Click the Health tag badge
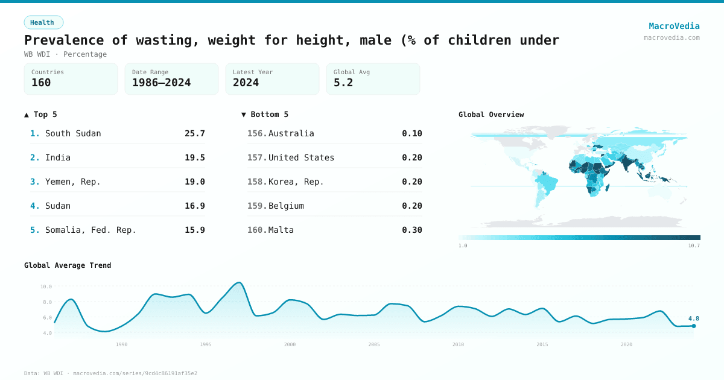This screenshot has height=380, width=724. tap(43, 22)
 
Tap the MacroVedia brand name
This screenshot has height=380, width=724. tap(674, 26)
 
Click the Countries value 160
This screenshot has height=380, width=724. tap(41, 83)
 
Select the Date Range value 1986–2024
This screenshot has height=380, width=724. tap(161, 83)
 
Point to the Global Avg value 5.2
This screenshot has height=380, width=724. tap(343, 83)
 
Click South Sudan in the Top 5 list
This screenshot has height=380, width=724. tap(73, 133)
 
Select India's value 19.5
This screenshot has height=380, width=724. tap(194, 157)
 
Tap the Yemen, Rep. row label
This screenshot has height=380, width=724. tap(73, 182)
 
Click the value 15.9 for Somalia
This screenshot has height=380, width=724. tap(194, 230)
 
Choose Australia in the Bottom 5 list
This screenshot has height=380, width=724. tap(291, 133)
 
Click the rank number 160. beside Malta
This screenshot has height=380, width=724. tap(257, 230)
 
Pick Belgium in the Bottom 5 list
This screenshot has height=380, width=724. tap(286, 206)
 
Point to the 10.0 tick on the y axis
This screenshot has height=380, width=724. tap(46, 287)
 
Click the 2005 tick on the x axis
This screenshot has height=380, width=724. tap(374, 344)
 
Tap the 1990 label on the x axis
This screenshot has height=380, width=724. tap(121, 344)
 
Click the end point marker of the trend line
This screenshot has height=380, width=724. tap(693, 326)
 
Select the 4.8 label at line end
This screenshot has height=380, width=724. tap(693, 318)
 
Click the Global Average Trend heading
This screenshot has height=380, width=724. tap(68, 265)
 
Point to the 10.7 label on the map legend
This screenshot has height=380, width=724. tap(694, 245)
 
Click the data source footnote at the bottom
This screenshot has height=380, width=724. tap(110, 373)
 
